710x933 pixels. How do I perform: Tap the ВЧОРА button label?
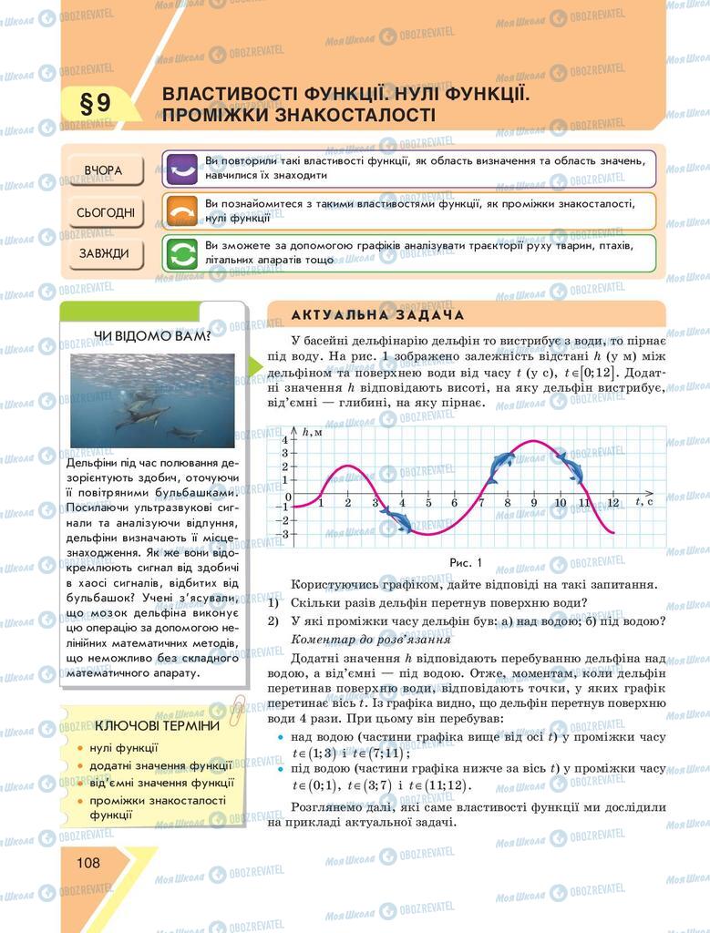click(x=103, y=170)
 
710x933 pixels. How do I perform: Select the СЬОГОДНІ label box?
click(x=105, y=213)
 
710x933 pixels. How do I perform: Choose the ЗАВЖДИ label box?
click(x=103, y=253)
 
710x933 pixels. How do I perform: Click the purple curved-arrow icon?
click(x=180, y=169)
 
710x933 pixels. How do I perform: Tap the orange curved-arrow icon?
click(x=180, y=211)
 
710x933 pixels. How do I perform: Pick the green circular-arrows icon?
click(x=180, y=253)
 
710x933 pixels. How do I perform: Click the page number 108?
click(x=88, y=862)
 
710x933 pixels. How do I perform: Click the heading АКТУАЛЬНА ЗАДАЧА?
click(x=377, y=314)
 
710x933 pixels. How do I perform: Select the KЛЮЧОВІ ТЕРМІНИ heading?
click(x=157, y=725)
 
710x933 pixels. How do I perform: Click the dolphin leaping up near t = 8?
click(x=500, y=466)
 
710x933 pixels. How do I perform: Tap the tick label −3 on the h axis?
click(x=284, y=534)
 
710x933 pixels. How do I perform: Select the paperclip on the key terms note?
click(x=235, y=708)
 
